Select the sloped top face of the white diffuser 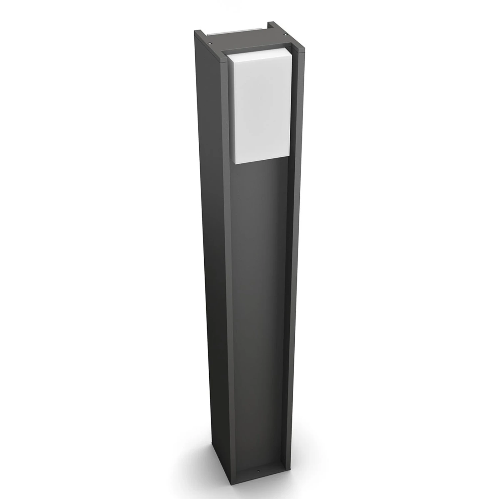tap(256, 53)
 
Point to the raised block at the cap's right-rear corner tap(273, 25)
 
